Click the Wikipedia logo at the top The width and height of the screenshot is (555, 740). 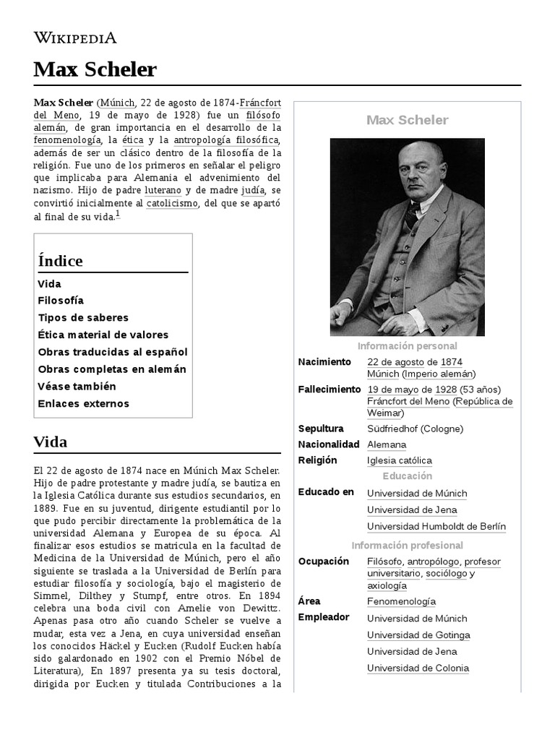point(75,38)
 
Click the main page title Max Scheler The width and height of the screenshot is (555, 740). point(95,69)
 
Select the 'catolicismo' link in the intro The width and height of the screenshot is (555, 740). point(172,204)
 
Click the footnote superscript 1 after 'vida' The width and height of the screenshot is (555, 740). point(118,214)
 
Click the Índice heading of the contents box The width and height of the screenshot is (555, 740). point(61,261)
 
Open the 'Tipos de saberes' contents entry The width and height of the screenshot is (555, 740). point(83,317)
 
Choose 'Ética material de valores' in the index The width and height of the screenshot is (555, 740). point(103,335)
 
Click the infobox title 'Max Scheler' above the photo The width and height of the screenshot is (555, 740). point(407,120)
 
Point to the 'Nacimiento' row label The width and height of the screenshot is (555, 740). point(324,361)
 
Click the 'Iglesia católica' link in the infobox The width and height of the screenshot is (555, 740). point(399,460)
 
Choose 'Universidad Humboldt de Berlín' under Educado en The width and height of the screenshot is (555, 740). point(436,527)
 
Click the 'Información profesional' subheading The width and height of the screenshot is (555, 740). point(407,546)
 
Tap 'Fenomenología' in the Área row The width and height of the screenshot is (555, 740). point(401,601)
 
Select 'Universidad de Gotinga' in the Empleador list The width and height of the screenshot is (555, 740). point(418,635)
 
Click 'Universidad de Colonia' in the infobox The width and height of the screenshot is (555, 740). point(418,668)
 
